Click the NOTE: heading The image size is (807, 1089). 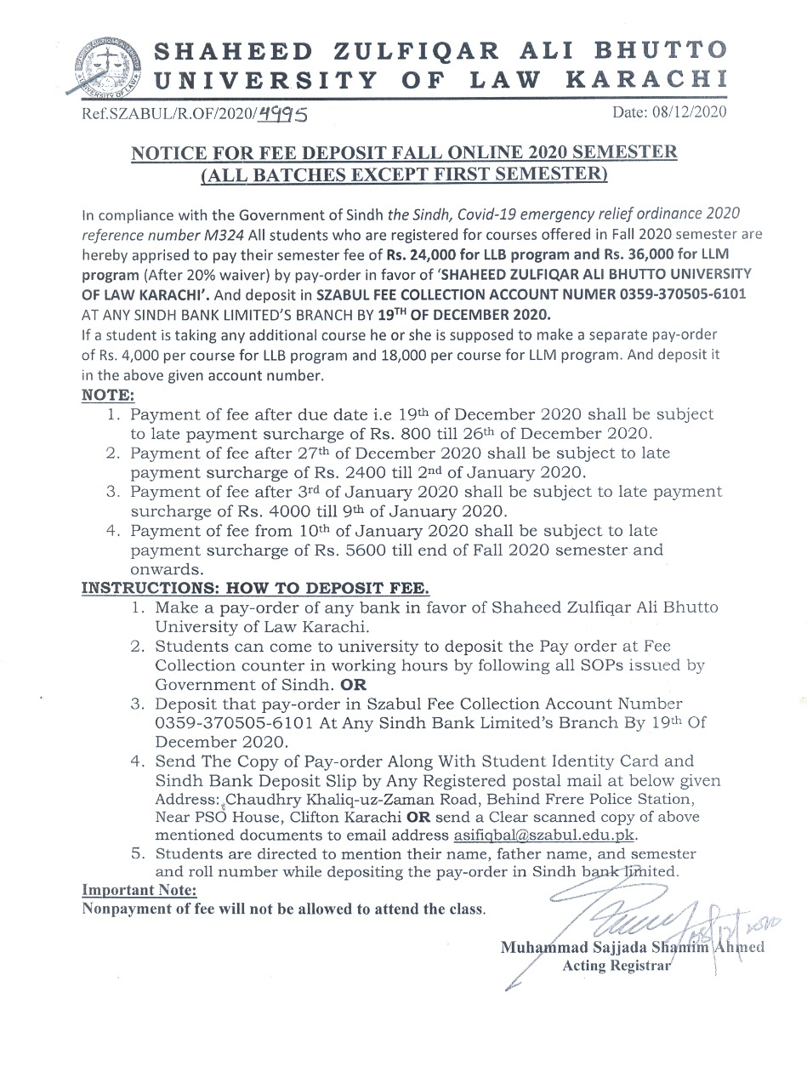click(106, 396)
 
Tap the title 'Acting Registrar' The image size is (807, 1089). click(617, 966)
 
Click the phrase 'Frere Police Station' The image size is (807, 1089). click(643, 798)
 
